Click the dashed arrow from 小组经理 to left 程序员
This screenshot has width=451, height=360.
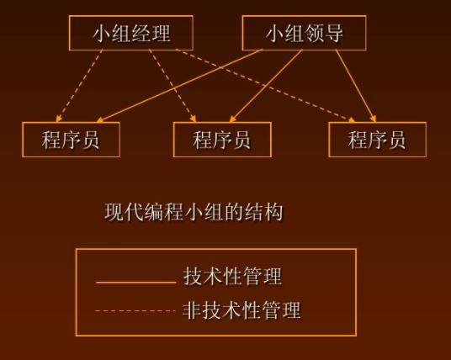(79, 86)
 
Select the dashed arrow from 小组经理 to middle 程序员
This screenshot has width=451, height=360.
(172, 86)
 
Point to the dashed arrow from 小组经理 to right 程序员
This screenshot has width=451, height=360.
(265, 86)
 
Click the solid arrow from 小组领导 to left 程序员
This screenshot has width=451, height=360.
(180, 86)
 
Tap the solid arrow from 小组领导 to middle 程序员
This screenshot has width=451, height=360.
(266, 86)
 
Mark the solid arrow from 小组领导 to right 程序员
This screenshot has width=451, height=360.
(356, 86)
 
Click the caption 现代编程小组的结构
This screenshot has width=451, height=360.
(194, 212)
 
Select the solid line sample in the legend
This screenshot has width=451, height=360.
(135, 283)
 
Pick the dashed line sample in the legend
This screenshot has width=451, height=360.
(135, 310)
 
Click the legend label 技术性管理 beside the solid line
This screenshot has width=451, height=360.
(233, 277)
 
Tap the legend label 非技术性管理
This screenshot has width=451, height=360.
(241, 310)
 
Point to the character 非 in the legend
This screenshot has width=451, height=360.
(192, 310)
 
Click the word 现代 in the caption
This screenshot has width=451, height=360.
(124, 212)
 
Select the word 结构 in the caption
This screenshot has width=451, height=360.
(264, 212)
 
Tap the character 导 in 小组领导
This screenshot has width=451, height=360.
(334, 33)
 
